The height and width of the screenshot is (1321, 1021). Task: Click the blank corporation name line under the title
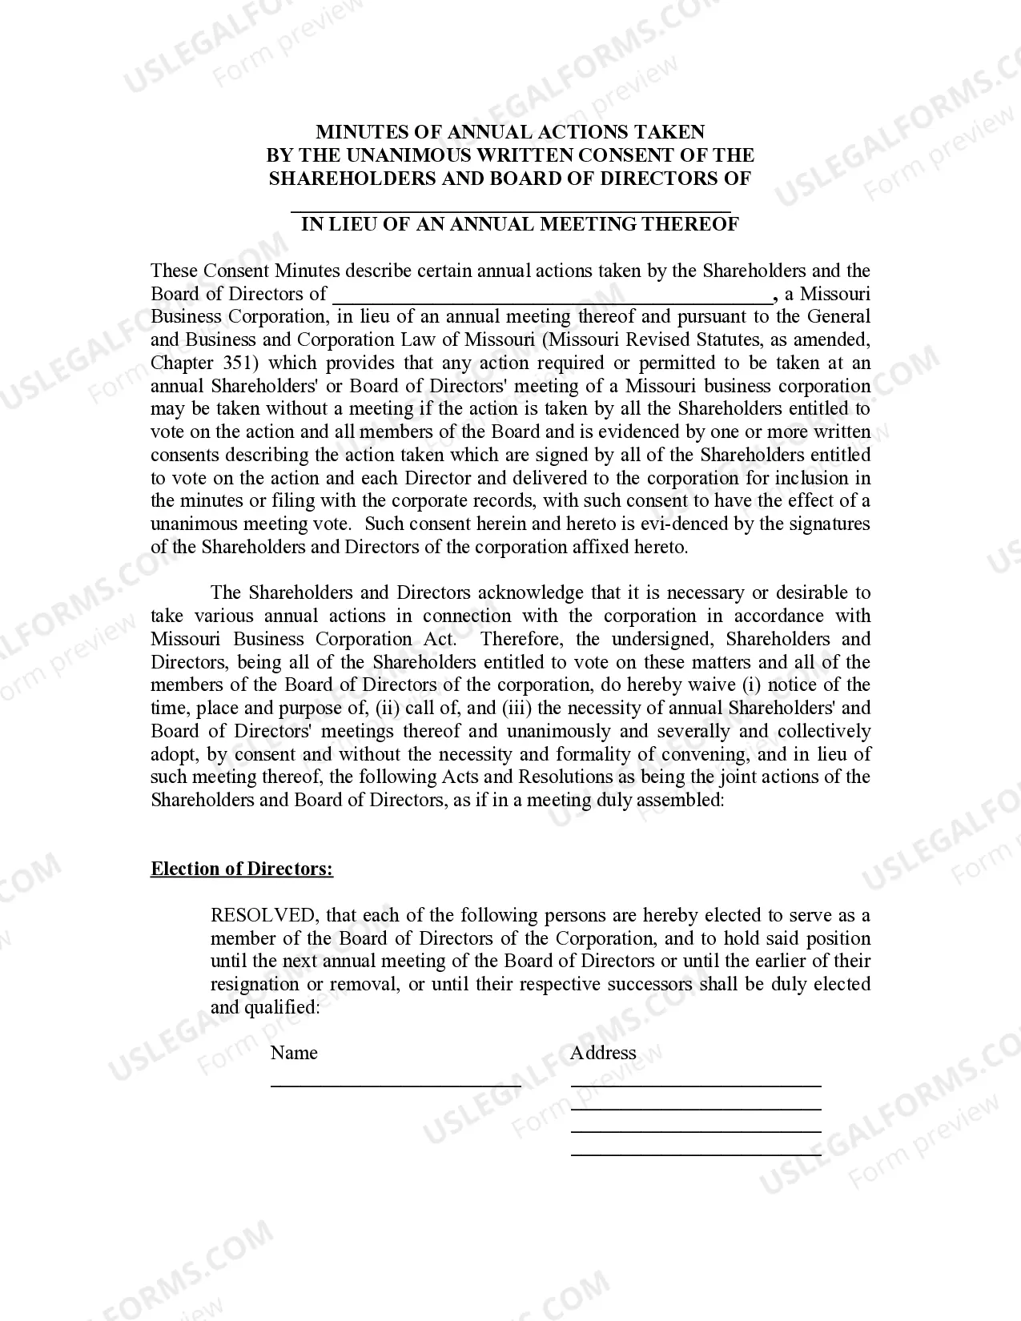pyautogui.click(x=510, y=208)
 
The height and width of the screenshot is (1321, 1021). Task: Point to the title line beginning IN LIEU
pyautogui.click(x=520, y=224)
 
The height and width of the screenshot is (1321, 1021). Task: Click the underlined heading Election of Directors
pyautogui.click(x=242, y=869)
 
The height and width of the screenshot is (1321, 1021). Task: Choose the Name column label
pyautogui.click(x=294, y=1054)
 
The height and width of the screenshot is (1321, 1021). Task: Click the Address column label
pyautogui.click(x=603, y=1054)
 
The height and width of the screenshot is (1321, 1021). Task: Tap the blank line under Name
pyautogui.click(x=396, y=1084)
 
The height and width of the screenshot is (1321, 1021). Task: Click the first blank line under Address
pyautogui.click(x=696, y=1084)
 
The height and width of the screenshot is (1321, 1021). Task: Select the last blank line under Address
pyautogui.click(x=696, y=1154)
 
